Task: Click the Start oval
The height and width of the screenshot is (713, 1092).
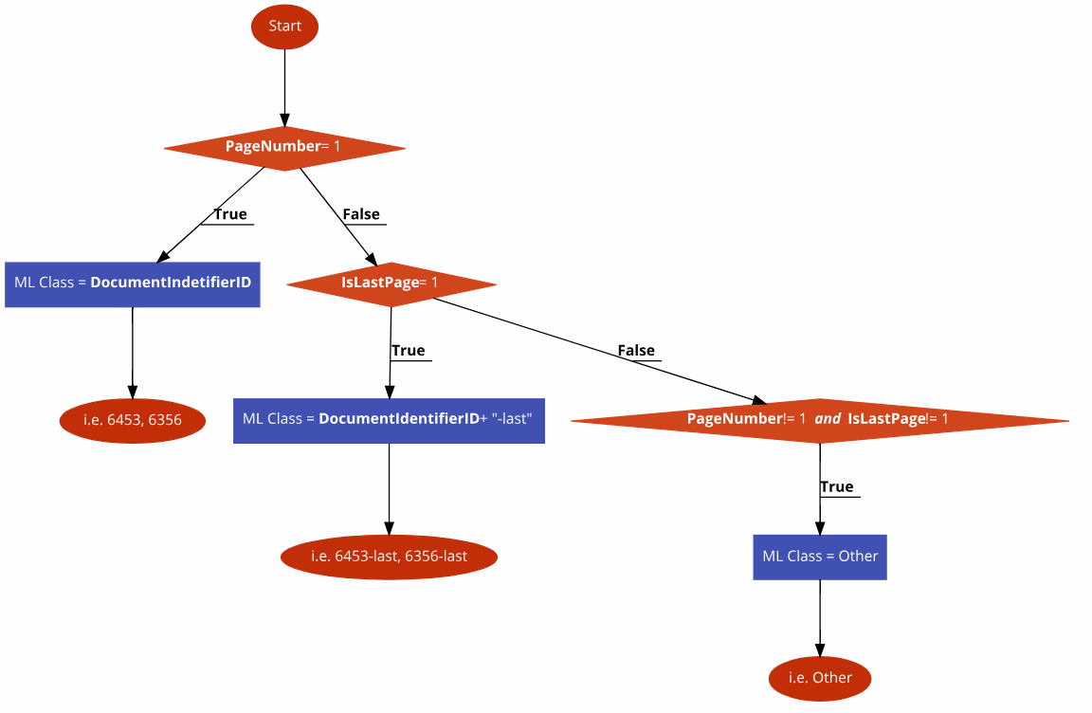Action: (x=284, y=27)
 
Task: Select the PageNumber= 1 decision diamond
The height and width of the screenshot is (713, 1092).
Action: (x=284, y=147)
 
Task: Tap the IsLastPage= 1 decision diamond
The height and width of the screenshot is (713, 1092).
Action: (x=391, y=283)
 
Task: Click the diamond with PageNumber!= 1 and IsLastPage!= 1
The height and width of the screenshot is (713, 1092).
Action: (x=819, y=419)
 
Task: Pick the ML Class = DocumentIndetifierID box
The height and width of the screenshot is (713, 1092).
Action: (x=133, y=283)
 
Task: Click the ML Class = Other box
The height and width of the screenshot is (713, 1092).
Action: (x=820, y=557)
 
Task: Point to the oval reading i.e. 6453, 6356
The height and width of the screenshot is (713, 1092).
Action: (x=133, y=420)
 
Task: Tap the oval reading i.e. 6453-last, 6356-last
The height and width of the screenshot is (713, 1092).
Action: (x=389, y=557)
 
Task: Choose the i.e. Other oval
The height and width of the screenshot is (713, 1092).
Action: (x=820, y=678)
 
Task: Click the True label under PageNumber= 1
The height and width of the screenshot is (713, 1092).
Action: (x=230, y=214)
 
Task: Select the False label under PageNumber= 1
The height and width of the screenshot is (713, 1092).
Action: (x=361, y=214)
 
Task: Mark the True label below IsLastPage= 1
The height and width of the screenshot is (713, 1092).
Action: (x=409, y=351)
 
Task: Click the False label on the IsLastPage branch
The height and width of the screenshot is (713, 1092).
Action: (x=636, y=351)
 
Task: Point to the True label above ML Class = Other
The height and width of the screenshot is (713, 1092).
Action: (x=837, y=487)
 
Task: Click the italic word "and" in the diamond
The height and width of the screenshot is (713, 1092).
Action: (x=828, y=419)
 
